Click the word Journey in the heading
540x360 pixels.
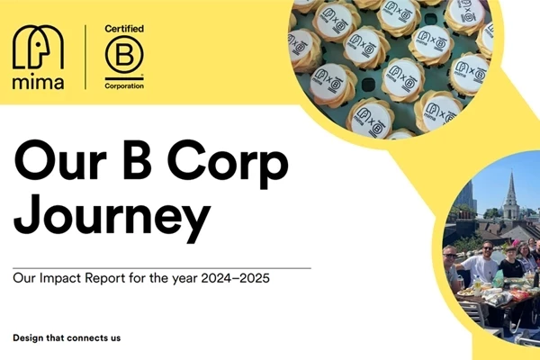[x=112, y=220]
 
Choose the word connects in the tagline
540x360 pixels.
[x=89, y=338]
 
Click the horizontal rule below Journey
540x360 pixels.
[x=162, y=267]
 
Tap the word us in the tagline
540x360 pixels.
[x=114, y=338]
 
